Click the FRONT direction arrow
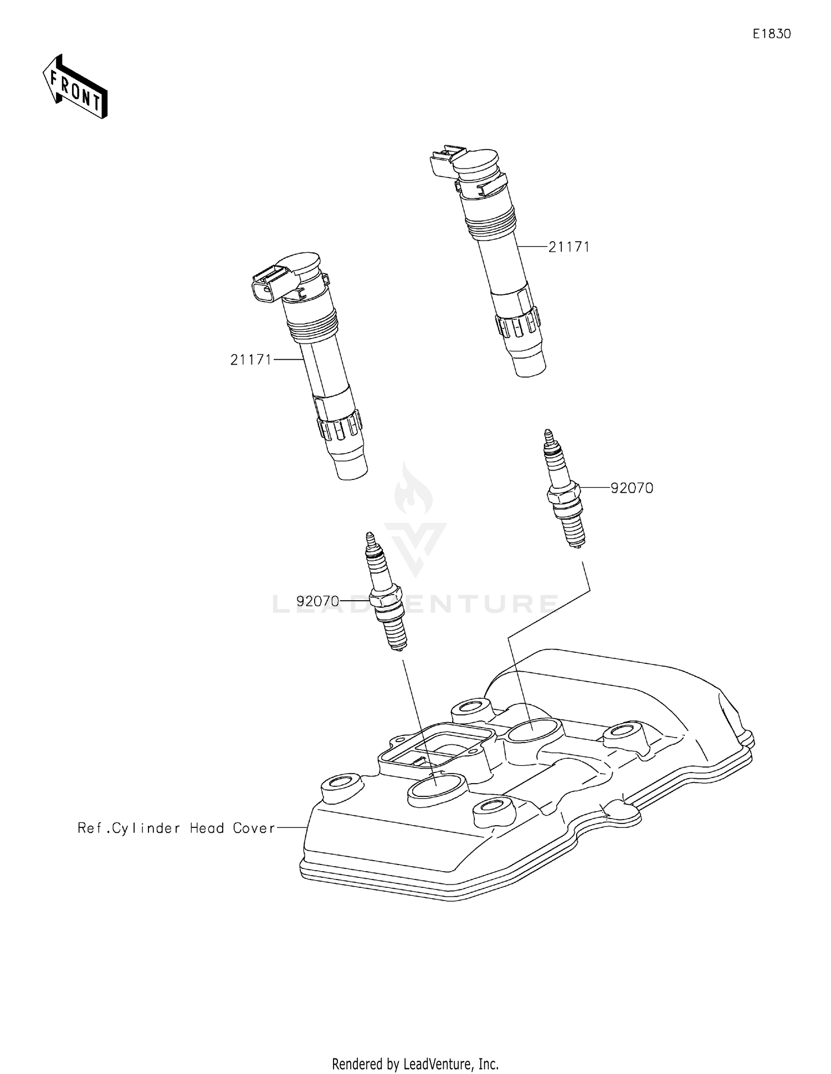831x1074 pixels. pyautogui.click(x=75, y=88)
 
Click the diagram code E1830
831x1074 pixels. pyautogui.click(x=771, y=34)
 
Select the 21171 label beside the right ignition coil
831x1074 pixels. pyautogui.click(x=569, y=247)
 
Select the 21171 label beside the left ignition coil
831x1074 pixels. pyautogui.click(x=251, y=360)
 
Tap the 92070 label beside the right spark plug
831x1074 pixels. pyautogui.click(x=632, y=488)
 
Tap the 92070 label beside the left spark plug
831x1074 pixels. pyautogui.click(x=317, y=601)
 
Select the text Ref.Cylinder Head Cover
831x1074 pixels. pyautogui.click(x=176, y=828)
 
